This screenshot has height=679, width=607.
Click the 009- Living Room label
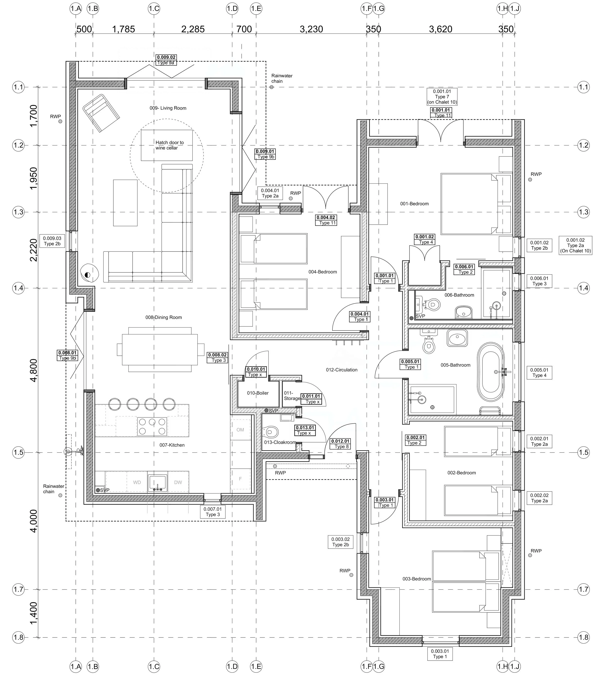(168, 108)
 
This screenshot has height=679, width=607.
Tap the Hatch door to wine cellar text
(169, 145)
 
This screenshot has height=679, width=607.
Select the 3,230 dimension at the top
(311, 29)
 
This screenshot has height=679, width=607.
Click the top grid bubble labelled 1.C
(154, 9)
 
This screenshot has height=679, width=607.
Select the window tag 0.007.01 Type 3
(212, 512)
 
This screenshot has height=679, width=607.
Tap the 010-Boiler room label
(257, 393)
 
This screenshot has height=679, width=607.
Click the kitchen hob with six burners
(152, 426)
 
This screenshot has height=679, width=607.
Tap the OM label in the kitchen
(240, 430)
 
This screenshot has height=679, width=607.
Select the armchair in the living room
(101, 113)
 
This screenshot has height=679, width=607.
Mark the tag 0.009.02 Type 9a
(166, 60)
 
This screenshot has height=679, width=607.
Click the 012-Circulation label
(342, 370)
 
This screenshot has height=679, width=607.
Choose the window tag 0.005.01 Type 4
(539, 372)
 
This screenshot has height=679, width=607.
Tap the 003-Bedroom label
(417, 579)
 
